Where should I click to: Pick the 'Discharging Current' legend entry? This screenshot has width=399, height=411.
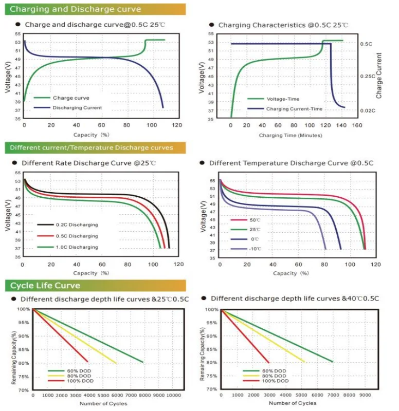(77, 108)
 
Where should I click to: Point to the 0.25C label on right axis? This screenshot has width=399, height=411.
(368, 76)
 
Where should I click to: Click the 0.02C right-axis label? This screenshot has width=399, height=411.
(368, 110)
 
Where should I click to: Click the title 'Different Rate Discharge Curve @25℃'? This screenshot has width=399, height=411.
(89, 163)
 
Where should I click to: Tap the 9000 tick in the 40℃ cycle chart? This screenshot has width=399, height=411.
(365, 395)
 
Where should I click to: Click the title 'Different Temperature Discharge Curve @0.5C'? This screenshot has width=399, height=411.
(291, 163)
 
